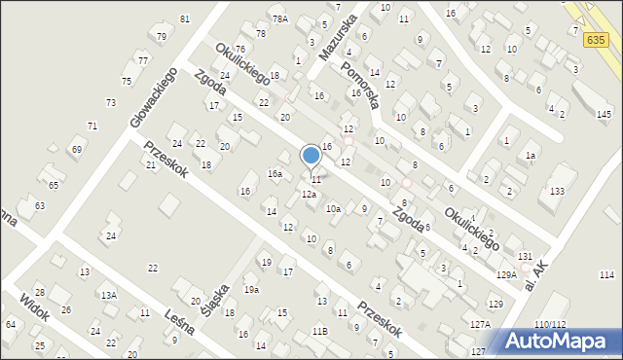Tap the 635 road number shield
[x=597, y=40]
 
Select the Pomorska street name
[x=364, y=87]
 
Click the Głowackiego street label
[x=152, y=97]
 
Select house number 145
[x=605, y=115]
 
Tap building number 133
[x=557, y=192]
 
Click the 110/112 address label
[x=550, y=324]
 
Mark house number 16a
[x=275, y=174]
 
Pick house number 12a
[x=309, y=195]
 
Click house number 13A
[x=109, y=295]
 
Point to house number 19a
[x=251, y=289]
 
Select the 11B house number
[x=320, y=332]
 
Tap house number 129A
[x=506, y=275]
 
